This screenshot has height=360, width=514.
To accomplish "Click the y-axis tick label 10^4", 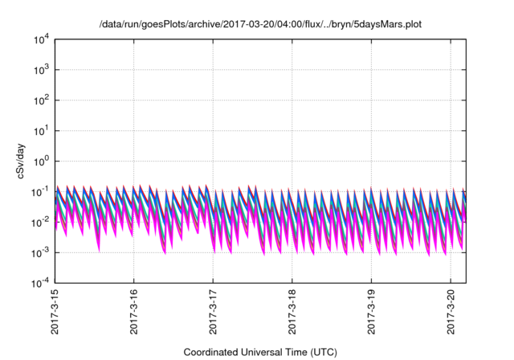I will (x=41, y=39).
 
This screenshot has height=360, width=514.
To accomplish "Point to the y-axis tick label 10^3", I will (x=41, y=69).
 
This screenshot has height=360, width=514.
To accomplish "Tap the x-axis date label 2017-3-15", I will (x=55, y=313).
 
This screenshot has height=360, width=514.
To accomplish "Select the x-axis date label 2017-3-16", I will (x=133, y=313).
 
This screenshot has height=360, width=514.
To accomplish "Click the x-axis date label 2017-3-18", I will (x=292, y=313).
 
